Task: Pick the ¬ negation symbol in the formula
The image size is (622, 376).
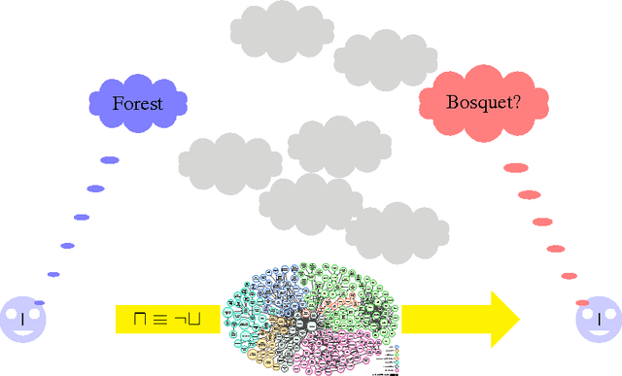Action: (183, 319)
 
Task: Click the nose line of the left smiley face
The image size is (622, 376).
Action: (22, 319)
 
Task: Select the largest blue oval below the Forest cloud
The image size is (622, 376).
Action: (110, 160)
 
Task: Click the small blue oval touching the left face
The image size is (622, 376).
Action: (39, 303)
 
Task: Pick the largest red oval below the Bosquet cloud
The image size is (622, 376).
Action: (515, 168)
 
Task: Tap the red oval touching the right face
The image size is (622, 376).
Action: (582, 302)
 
